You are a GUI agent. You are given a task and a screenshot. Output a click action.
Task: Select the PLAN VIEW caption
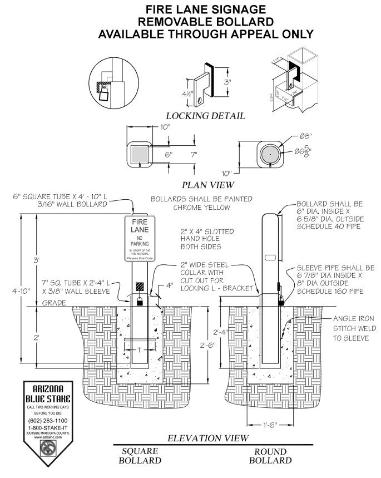pos(208,184)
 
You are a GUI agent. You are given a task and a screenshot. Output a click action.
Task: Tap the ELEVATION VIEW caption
pos(208,438)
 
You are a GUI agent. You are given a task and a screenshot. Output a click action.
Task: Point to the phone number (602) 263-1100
pos(47,421)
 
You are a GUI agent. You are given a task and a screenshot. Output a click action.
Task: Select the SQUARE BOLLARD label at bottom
pos(140,456)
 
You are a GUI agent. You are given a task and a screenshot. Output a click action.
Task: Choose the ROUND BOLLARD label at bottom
pos(270,456)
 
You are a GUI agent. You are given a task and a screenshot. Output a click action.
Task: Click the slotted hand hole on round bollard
pos(271,257)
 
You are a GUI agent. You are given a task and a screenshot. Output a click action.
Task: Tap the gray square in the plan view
pos(140,153)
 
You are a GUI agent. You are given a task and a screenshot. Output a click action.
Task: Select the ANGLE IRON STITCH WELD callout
pos(354,328)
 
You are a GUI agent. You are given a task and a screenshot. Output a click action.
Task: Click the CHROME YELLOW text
pos(201,207)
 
